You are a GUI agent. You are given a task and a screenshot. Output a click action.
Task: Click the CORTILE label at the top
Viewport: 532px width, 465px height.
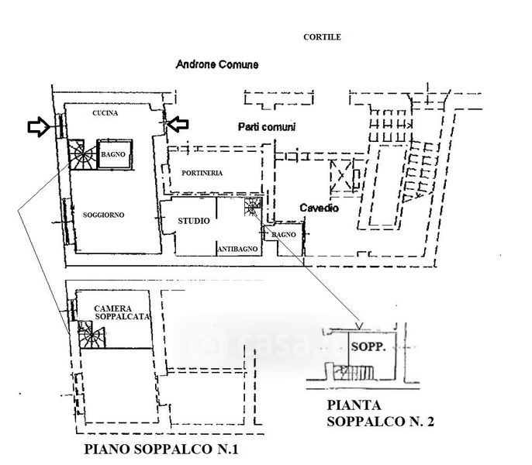point(322,37)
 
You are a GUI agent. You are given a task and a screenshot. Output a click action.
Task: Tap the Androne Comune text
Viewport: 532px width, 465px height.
point(217,64)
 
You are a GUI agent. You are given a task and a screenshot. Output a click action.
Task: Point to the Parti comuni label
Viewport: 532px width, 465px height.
point(266,127)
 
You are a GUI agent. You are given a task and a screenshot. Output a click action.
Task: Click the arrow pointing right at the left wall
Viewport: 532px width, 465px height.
point(39,127)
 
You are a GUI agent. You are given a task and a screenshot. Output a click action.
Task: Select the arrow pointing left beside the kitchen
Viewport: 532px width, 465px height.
point(178,124)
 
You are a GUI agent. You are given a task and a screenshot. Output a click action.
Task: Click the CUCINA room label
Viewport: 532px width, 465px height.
point(105,113)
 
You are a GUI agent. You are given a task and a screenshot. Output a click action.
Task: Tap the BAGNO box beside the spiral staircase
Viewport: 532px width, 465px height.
point(114,154)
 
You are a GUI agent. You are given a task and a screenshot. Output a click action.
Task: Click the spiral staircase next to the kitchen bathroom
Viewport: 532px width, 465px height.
point(81,155)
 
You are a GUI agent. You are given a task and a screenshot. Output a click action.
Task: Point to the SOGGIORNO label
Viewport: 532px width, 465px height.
point(103,215)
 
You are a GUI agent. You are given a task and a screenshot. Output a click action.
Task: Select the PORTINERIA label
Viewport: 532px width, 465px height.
point(202,173)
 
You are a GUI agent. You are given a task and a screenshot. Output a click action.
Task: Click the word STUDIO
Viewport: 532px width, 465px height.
point(194,221)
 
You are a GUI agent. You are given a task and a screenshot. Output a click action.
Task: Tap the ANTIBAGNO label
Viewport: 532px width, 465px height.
point(237,249)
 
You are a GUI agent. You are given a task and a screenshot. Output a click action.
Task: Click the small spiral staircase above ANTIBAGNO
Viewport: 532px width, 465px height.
point(253,206)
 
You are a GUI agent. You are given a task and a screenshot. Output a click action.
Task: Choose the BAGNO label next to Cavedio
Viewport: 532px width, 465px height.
point(284,234)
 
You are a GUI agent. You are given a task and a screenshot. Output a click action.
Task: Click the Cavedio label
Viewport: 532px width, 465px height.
point(319,208)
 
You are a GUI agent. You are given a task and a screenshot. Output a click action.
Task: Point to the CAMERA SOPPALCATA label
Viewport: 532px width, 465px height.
point(122,312)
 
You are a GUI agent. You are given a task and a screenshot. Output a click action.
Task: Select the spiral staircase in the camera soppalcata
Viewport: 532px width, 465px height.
point(91,335)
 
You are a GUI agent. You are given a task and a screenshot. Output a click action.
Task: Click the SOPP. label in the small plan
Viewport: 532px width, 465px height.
point(368,346)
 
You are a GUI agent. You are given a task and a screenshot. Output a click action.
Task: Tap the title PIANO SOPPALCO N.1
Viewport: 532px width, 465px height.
point(161,449)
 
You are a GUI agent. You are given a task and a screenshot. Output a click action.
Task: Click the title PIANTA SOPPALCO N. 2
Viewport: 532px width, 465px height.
point(380,413)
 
